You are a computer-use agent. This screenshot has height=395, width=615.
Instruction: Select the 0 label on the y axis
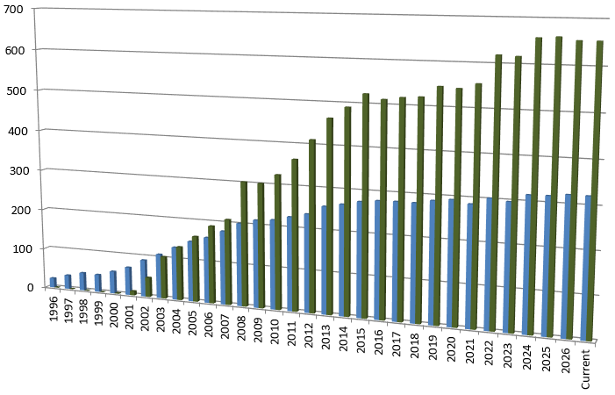pyautogui.click(x=30, y=287)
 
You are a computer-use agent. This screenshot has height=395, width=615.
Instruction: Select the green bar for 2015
pyautogui.click(x=366, y=206)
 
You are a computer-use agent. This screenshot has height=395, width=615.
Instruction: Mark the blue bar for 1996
pyautogui.click(x=53, y=282)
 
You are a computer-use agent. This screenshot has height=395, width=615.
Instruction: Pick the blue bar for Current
pyautogui.click(x=588, y=268)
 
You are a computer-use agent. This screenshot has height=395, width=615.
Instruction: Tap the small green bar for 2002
pyautogui.click(x=148, y=287)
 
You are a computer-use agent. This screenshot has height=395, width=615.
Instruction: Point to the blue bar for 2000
pyautogui.click(x=113, y=282)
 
